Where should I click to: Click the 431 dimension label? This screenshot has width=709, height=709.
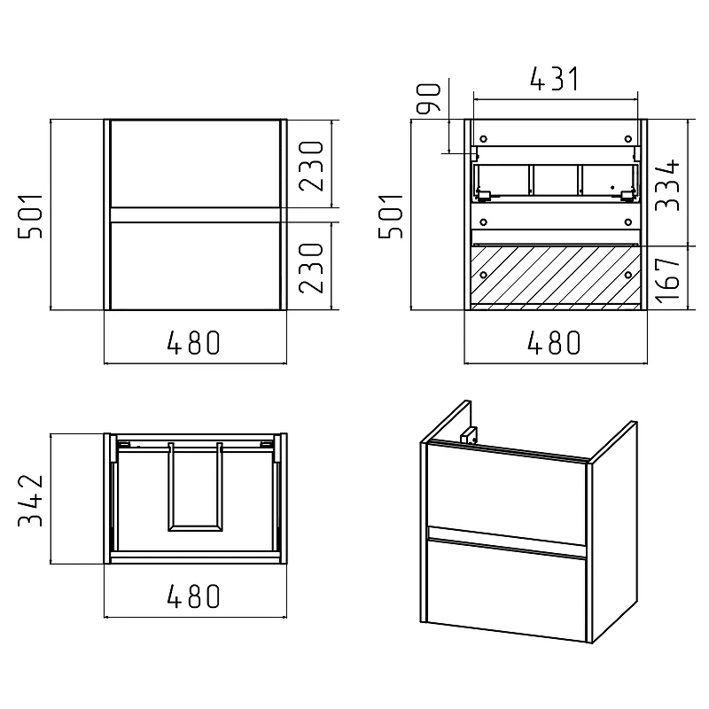click(555, 79)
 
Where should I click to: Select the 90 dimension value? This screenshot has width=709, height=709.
click(428, 98)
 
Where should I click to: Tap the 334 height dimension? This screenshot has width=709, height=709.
click(667, 184)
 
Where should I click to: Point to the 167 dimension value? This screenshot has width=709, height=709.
click(667, 280)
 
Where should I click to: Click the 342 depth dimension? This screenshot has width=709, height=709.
click(30, 501)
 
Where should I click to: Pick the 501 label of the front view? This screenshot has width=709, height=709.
click(30, 216)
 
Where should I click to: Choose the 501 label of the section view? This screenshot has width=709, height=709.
click(391, 216)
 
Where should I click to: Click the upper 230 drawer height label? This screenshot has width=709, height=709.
click(312, 166)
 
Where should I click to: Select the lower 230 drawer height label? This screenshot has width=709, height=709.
click(312, 269)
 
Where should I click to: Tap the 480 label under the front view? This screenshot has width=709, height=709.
click(193, 342)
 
